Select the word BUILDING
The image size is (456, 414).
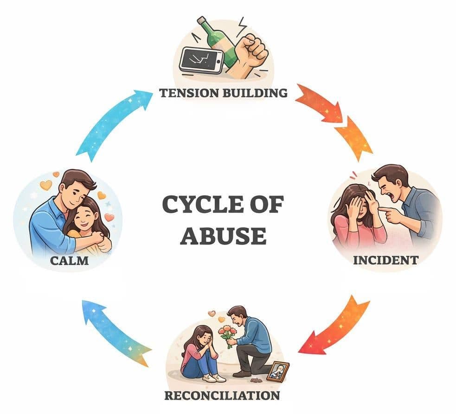coord(255,93)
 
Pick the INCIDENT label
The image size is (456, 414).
coord(385,260)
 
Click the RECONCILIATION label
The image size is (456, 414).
coord(222,395)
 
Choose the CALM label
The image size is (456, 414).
coord(69,260)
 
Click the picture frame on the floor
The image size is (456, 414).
coord(278,371)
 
